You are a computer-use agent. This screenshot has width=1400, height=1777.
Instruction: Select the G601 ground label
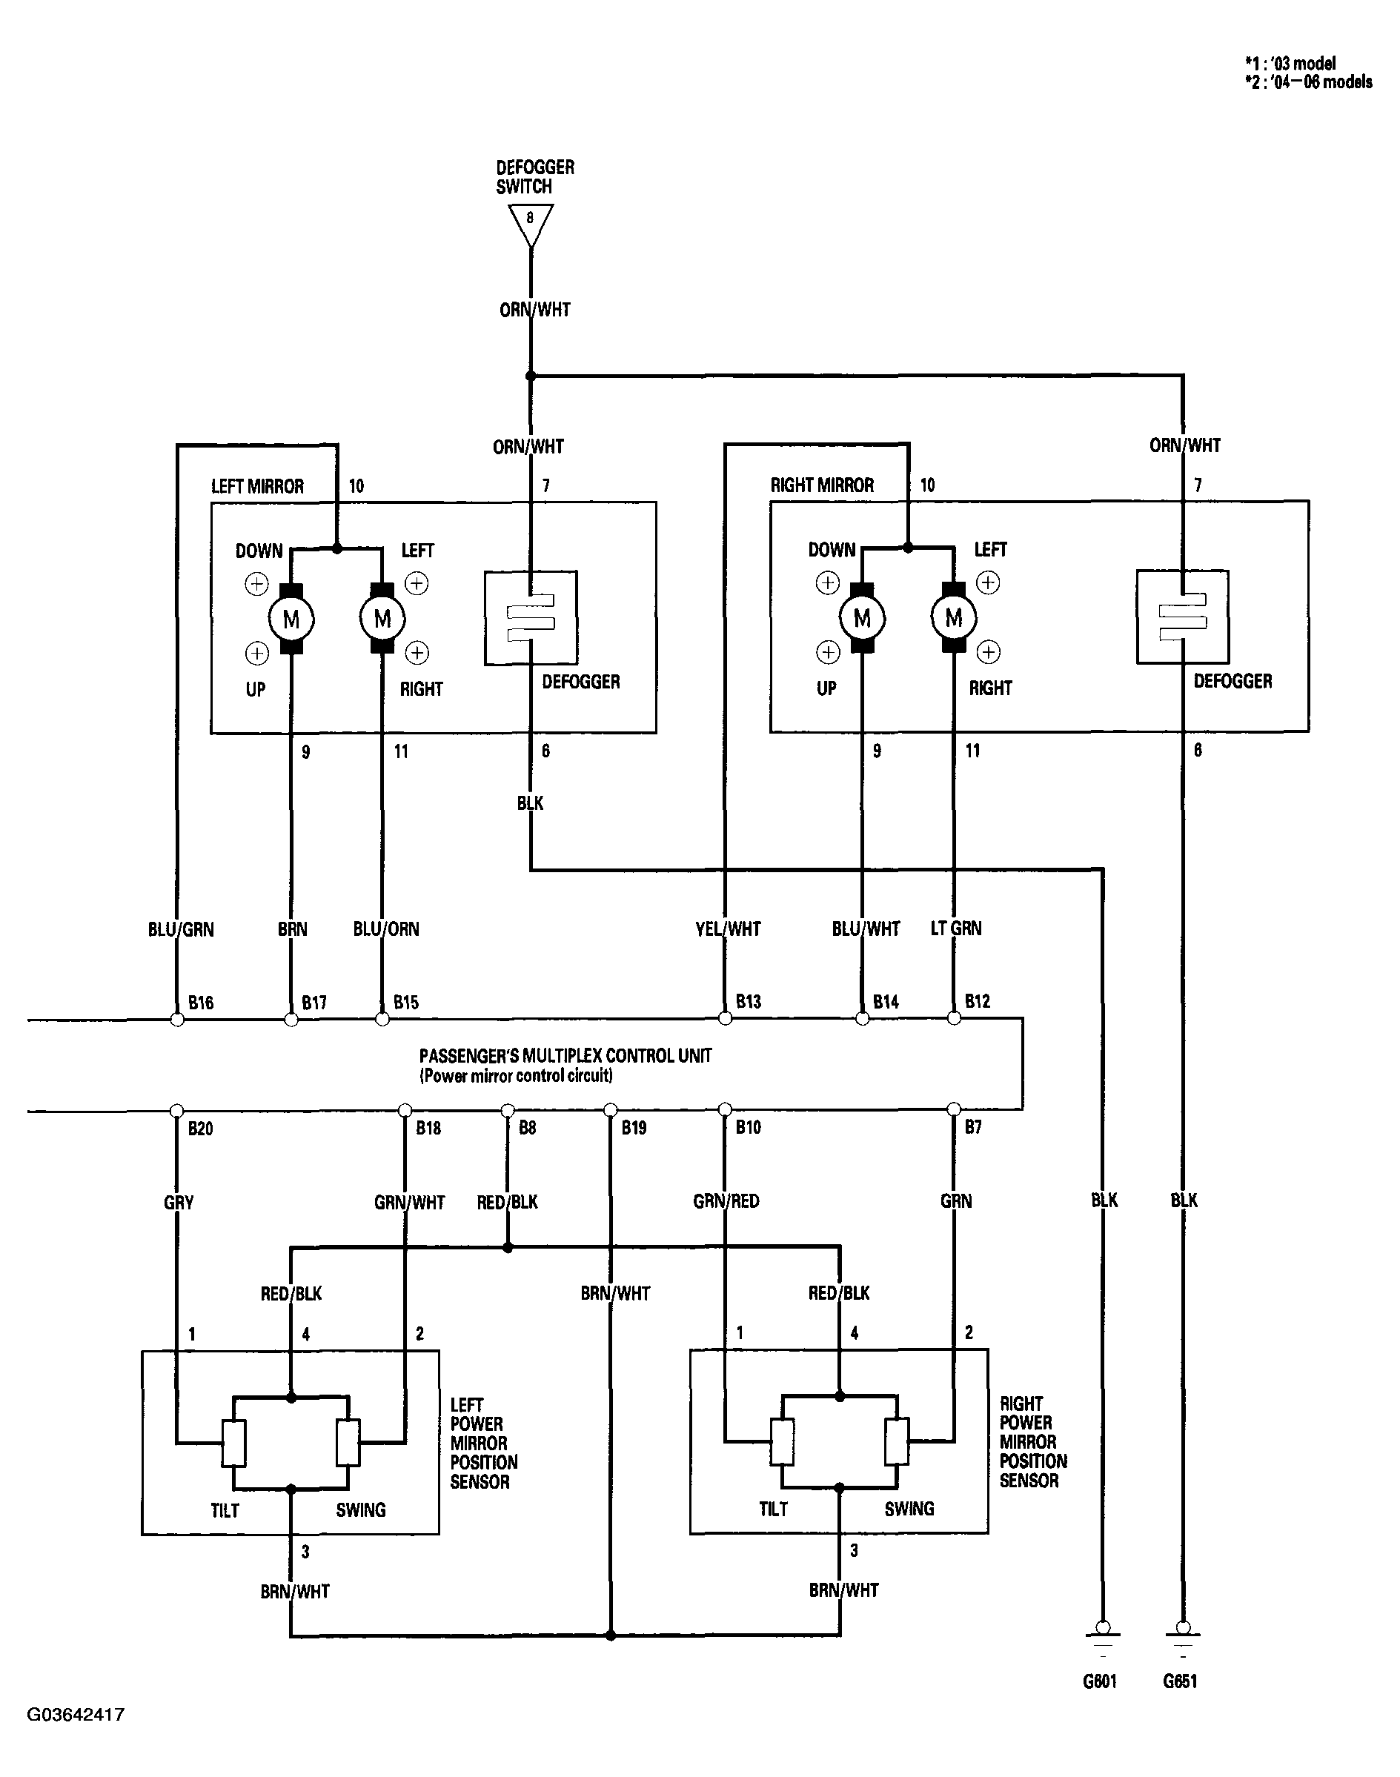1100,1681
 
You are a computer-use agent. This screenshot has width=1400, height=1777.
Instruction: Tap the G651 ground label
1181,1681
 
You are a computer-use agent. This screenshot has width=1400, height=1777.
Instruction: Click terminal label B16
201,1003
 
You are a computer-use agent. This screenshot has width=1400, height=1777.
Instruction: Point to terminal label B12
977,1001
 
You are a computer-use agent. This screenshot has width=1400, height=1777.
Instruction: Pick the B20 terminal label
201,1129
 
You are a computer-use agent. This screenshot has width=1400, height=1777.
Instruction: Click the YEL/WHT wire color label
728,929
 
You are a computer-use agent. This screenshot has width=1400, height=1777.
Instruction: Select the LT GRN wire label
956,928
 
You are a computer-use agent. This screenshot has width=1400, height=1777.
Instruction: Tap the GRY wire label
179,1203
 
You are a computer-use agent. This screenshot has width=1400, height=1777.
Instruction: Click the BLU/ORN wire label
386,929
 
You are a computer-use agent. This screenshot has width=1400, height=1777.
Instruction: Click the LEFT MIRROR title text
257,486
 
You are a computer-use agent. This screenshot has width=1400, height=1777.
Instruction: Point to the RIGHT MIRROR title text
822,485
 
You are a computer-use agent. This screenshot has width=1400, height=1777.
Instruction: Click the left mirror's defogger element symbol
531,617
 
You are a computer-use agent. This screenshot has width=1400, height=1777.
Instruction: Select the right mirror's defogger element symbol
1183,617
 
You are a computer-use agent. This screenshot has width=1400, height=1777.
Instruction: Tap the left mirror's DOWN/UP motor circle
291,619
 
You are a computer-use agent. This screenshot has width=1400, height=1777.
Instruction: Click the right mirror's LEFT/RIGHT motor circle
953,617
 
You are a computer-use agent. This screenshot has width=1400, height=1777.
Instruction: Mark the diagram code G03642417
76,1715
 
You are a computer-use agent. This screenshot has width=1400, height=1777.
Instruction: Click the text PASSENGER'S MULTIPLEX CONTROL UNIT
565,1056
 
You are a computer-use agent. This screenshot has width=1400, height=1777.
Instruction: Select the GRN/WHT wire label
409,1203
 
